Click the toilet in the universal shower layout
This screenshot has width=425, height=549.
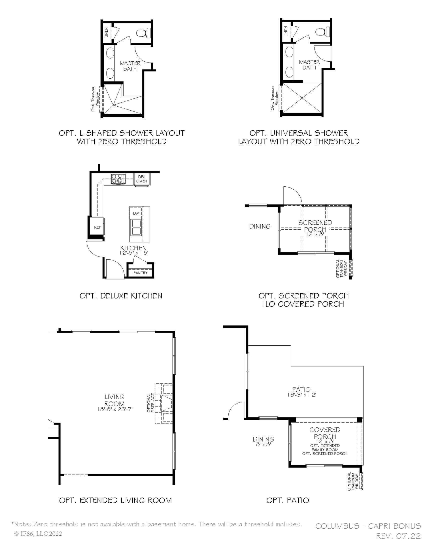[x=322, y=32]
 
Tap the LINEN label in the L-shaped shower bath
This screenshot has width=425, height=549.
[x=107, y=32]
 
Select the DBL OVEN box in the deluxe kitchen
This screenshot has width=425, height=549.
[x=142, y=179]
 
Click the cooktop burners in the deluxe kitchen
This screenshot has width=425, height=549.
[x=118, y=178]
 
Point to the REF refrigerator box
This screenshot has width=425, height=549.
[x=97, y=227]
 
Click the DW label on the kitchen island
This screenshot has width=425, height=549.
[x=136, y=213]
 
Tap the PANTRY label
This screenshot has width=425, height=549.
[x=141, y=273]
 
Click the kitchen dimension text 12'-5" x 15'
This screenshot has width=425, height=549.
[x=134, y=253]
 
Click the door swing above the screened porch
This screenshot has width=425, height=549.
[x=292, y=195]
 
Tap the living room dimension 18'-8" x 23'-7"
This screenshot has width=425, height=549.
[x=115, y=409]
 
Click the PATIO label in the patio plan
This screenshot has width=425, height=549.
[x=301, y=389]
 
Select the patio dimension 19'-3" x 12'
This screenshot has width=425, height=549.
[x=301, y=395]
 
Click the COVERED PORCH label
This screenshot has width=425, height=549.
[x=325, y=433]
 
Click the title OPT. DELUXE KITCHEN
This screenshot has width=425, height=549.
[x=121, y=296]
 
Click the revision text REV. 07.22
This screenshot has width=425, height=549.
[x=398, y=536]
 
